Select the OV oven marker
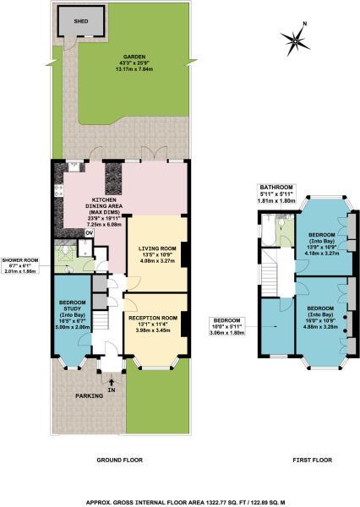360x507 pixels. coord(90,231)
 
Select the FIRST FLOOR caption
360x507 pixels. coord(302,461)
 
